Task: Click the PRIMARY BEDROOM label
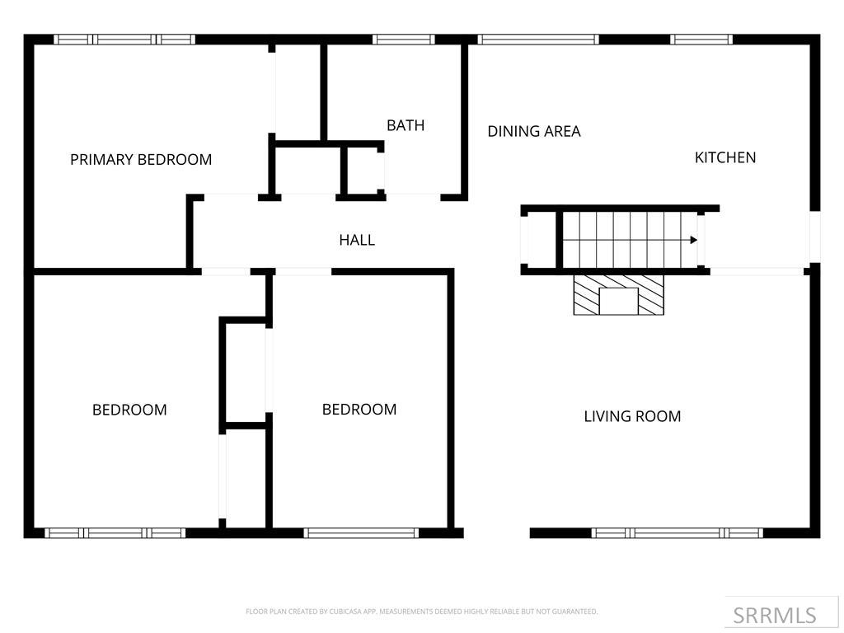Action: click(141, 160)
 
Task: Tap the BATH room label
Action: click(406, 125)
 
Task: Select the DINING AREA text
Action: click(534, 131)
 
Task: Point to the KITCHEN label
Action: click(725, 157)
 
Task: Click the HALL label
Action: click(357, 240)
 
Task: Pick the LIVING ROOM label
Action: click(632, 416)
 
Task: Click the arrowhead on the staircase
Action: click(694, 240)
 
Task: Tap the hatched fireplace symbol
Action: click(619, 295)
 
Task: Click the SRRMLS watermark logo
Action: click(775, 615)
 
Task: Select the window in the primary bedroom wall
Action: click(124, 39)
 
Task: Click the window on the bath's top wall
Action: click(403, 39)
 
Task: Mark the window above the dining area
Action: click(538, 39)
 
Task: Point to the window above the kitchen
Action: click(701, 39)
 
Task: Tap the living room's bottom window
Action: click(677, 533)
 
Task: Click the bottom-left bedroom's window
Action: click(115, 533)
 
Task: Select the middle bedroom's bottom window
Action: click(362, 533)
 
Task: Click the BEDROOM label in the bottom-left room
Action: click(129, 410)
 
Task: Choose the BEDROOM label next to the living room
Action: click(359, 410)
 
